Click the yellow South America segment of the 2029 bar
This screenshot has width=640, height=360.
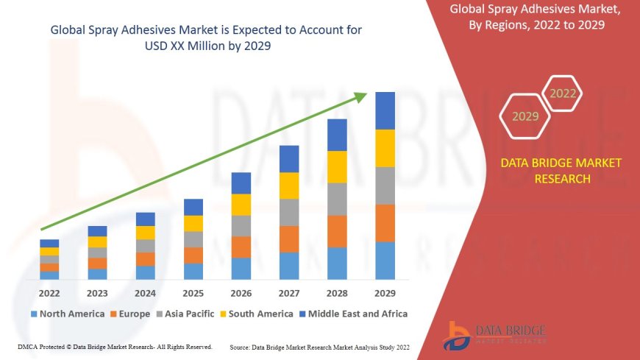tap(385, 148)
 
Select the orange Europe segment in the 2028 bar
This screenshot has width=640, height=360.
tap(337, 231)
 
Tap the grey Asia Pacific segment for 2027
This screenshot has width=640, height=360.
tap(289, 212)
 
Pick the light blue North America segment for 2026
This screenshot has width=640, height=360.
tap(241, 268)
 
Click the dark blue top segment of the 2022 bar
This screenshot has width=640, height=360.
tap(49, 243)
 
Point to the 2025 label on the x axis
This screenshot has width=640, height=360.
tap(193, 293)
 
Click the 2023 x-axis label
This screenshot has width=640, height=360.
tap(97, 293)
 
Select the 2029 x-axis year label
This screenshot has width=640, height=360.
tap(385, 293)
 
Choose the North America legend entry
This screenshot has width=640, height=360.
tap(67, 314)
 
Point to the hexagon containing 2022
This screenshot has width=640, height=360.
tap(563, 93)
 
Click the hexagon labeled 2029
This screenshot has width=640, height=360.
tap(525, 116)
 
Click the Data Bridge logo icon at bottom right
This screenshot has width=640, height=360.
tap(458, 334)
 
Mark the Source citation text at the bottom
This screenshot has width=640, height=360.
tap(320, 346)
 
